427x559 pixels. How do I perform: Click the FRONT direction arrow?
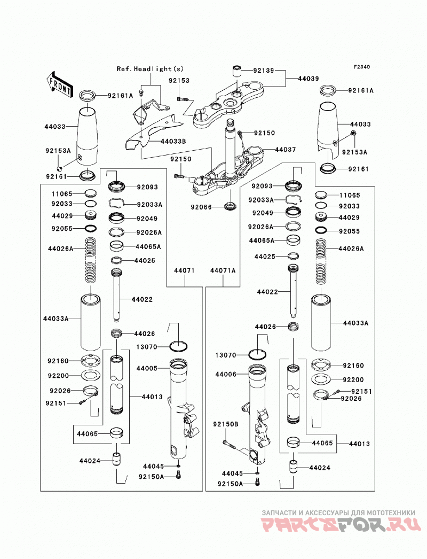[59, 85]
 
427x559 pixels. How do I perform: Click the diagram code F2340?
[362, 67]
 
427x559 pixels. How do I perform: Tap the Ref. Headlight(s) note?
[150, 69]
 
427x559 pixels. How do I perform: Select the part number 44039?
[309, 79]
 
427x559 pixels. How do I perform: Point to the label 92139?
[264, 71]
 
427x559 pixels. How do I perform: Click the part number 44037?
[285, 150]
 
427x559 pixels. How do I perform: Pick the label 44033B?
[173, 141]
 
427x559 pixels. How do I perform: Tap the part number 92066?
[201, 207]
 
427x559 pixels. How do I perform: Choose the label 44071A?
[223, 270]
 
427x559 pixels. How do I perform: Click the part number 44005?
[147, 368]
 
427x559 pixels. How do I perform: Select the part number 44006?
[225, 374]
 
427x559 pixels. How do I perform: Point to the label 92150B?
[226, 424]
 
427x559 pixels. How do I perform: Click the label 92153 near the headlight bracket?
[179, 81]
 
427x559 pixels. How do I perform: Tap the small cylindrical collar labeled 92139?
[237, 71]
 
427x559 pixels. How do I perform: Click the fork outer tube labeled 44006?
[258, 415]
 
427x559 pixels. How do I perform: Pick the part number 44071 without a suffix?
[184, 270]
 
